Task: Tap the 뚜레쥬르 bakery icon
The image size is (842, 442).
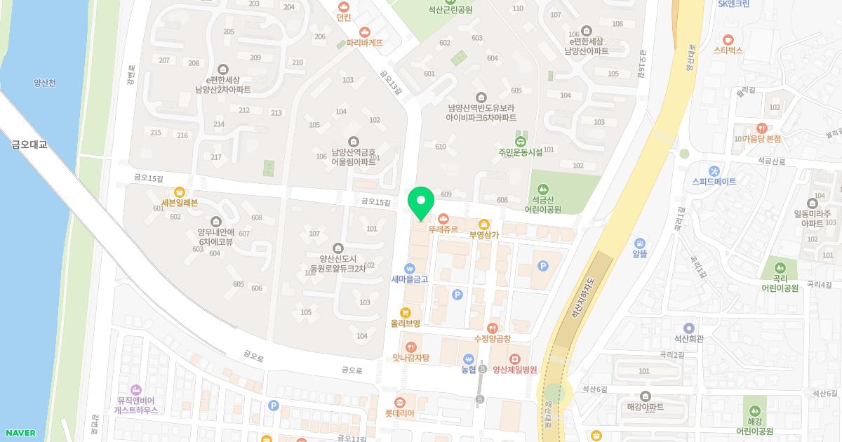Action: click(x=443, y=217)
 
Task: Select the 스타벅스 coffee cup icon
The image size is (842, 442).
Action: click(x=728, y=39)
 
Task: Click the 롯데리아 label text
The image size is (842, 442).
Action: click(x=399, y=413)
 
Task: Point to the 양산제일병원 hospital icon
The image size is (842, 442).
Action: click(x=515, y=359)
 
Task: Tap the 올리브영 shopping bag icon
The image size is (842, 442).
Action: click(x=405, y=313)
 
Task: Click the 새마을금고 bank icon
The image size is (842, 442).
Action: click(x=410, y=268)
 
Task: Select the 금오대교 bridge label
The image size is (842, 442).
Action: click(x=29, y=145)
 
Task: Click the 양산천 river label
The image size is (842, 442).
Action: click(x=44, y=83)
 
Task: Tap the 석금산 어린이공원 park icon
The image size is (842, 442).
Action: click(x=542, y=189)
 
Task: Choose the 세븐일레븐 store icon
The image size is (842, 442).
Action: click(x=180, y=192)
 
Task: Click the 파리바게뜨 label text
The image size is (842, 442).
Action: click(x=364, y=43)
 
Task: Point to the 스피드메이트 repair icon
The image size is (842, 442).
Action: click(x=714, y=170)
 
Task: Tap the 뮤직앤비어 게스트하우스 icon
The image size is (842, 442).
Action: click(x=135, y=389)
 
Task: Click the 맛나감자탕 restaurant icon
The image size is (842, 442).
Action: click(x=410, y=347)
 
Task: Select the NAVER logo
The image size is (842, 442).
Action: click(x=20, y=433)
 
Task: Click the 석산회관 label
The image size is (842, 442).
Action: click(x=688, y=338)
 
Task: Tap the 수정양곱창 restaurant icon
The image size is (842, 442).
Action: click(x=493, y=328)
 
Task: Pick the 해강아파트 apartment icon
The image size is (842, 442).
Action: click(x=646, y=396)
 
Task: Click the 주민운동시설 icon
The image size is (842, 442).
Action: click(x=520, y=142)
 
